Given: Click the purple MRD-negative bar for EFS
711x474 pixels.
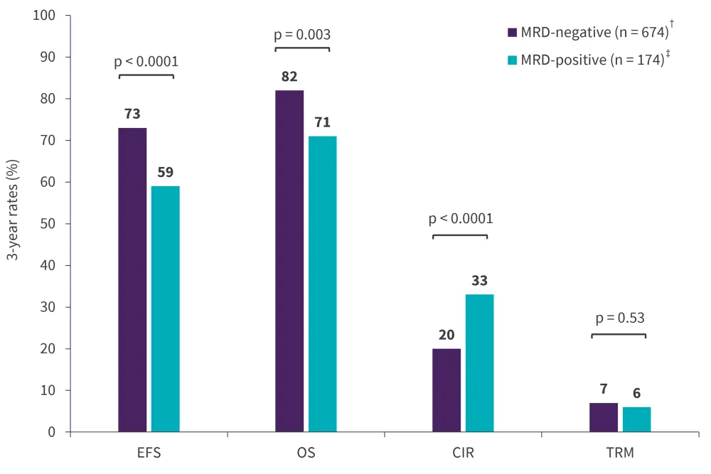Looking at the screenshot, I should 132,280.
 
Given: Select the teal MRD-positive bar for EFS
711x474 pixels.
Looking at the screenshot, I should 166,309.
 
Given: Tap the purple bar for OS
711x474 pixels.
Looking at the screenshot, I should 289,261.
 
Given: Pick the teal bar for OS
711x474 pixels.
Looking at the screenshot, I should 323,284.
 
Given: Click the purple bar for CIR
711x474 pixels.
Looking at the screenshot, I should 447,390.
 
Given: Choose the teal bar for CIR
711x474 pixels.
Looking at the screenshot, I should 480,363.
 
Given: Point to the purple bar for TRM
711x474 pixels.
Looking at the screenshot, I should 604,417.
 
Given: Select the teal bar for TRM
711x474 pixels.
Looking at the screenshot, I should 637,419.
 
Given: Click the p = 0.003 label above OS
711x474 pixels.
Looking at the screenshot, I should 302,34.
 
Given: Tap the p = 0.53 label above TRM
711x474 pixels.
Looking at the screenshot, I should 619,318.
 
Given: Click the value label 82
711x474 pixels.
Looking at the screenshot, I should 289,77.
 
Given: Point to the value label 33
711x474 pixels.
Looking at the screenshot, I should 480,281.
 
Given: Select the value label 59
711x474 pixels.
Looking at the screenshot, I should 166,172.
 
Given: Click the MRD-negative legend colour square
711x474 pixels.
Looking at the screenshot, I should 512,33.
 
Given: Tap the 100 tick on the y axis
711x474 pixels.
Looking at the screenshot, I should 52,16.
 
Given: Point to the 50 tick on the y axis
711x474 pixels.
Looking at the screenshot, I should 55,224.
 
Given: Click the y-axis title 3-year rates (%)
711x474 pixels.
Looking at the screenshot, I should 13,224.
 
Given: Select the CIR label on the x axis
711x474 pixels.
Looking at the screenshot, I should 463,452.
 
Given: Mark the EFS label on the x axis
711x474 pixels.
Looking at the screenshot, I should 149,452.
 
